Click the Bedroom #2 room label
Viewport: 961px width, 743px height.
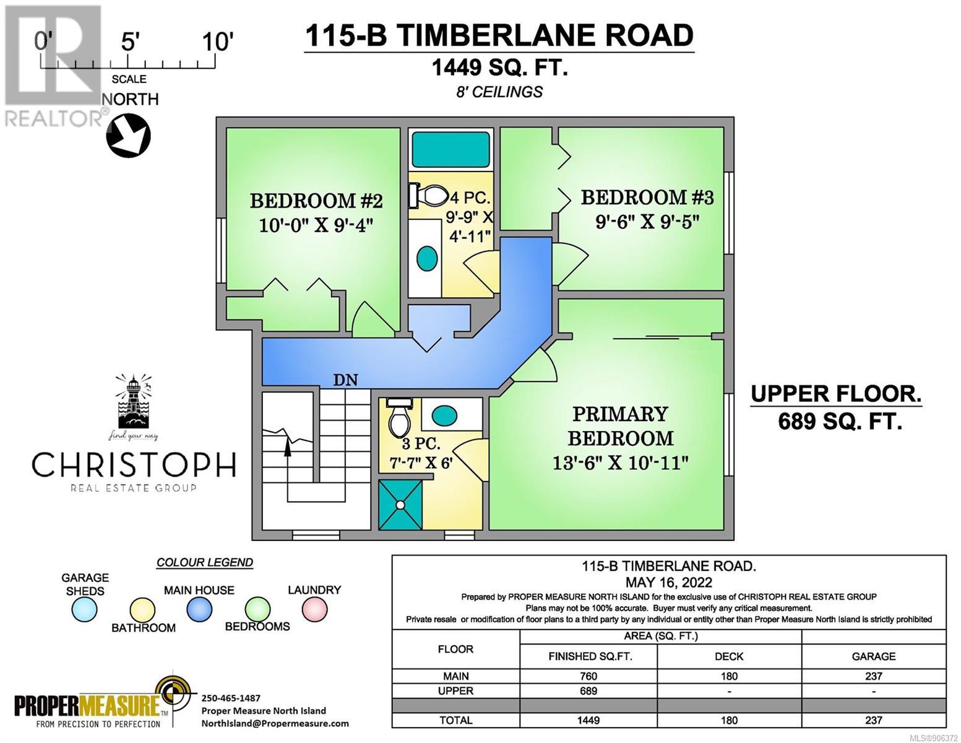point(316,201)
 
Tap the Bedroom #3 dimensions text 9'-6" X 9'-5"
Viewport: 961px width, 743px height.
point(647,221)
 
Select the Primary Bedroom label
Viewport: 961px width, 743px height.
point(621,426)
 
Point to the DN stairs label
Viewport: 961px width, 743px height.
point(345,380)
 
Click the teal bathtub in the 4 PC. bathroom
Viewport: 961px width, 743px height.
point(449,150)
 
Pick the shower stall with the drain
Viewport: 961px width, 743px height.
point(400,504)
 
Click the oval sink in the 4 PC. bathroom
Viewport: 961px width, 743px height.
point(427,258)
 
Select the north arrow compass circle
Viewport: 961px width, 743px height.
point(128,136)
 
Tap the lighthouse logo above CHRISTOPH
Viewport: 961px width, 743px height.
point(132,402)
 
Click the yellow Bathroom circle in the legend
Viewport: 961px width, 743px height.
point(142,610)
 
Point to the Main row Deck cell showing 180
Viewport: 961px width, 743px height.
point(729,676)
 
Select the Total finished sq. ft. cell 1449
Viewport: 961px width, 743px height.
point(588,720)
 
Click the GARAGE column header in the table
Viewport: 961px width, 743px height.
point(873,657)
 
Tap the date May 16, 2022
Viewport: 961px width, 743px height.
point(669,582)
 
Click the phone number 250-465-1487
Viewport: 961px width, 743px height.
point(231,698)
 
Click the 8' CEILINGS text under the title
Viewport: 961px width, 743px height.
point(499,92)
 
